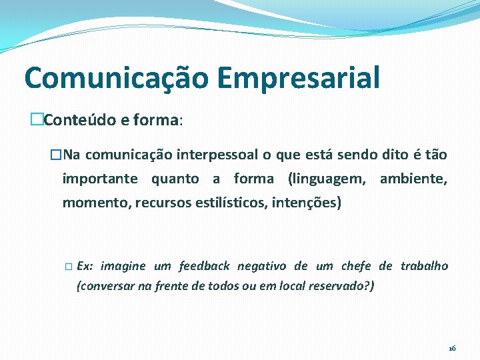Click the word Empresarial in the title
pyautogui.click(x=298, y=78)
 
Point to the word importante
pyautogui.click(x=100, y=179)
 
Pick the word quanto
pyautogui.click(x=175, y=179)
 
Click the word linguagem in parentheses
pyautogui.click(x=330, y=179)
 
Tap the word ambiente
pyautogui.click(x=413, y=179)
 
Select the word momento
pyautogui.click(x=95, y=202)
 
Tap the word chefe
pyautogui.click(x=356, y=266)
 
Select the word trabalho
pyautogui.click(x=424, y=266)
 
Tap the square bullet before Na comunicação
pyautogui.click(x=56, y=155)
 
